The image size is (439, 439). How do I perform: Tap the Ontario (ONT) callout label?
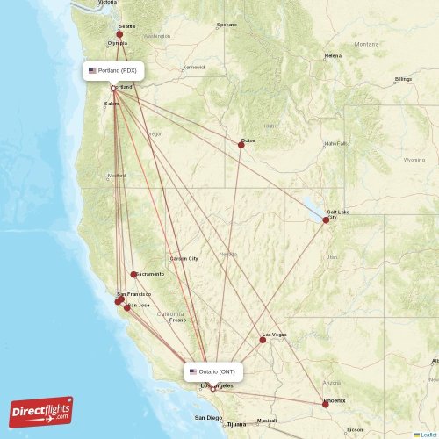pyautogui.click(x=213, y=371)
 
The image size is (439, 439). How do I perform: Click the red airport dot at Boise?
pyautogui.click(x=241, y=144)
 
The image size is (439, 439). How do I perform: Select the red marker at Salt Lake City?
pyautogui.click(x=326, y=219)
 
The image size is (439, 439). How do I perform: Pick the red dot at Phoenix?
pyautogui.click(x=325, y=404)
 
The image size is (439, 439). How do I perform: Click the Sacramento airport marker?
pyautogui.click(x=133, y=274)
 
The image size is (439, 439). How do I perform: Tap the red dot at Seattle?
pyautogui.click(x=120, y=34)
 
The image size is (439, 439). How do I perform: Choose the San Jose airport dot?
pyautogui.click(x=127, y=307)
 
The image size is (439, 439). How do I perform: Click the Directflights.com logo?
pyautogui.click(x=41, y=410)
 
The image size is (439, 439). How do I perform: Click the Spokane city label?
pyautogui.click(x=227, y=25)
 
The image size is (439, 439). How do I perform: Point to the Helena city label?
pyautogui.click(x=333, y=55)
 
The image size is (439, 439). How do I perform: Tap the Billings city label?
pyautogui.click(x=403, y=79)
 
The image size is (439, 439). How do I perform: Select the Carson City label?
pyautogui.click(x=184, y=258)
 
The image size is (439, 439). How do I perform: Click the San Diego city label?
pyautogui.click(x=209, y=417)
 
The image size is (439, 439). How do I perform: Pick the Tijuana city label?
pyautogui.click(x=237, y=424)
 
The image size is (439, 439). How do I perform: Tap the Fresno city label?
pyautogui.click(x=178, y=320)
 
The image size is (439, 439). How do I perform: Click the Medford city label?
pyautogui.click(x=117, y=175)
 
